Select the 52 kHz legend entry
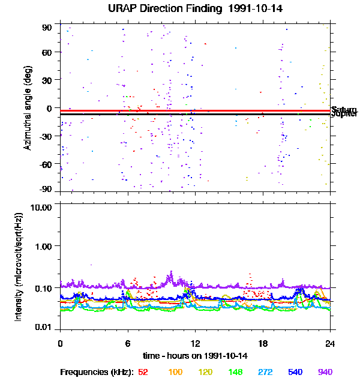143,372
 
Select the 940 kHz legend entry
325,372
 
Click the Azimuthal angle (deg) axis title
28,108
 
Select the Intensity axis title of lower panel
19,266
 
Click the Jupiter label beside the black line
344,113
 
